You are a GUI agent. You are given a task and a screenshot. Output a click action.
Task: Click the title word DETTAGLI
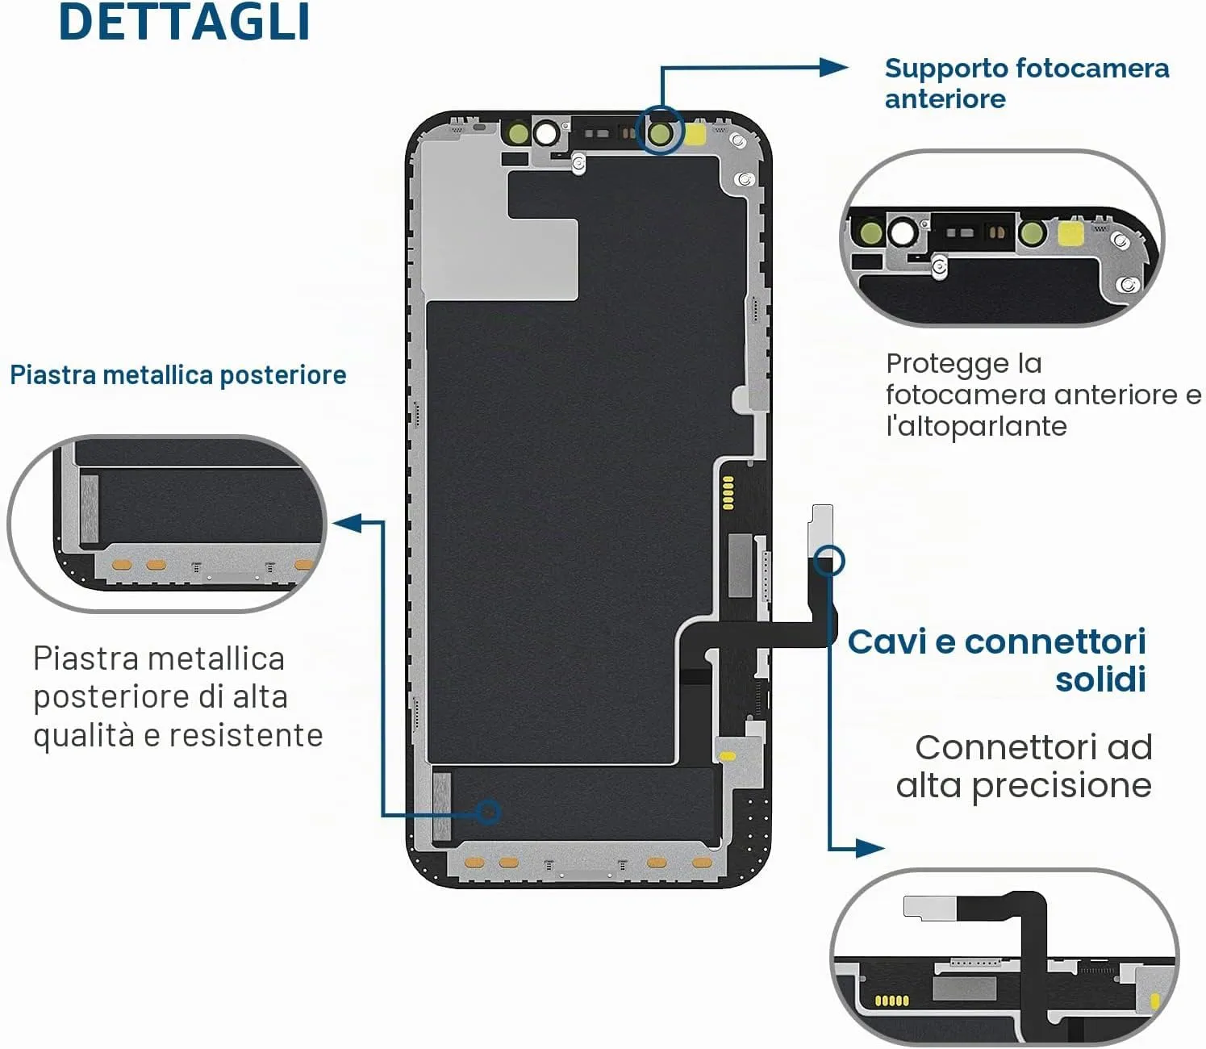(185, 22)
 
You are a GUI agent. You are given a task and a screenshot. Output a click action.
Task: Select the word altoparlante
(976, 426)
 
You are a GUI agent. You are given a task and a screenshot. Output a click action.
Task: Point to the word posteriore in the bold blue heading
(283, 376)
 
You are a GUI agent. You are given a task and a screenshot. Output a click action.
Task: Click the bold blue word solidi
(1100, 679)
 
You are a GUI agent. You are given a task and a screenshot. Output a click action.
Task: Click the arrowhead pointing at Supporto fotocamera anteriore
(835, 68)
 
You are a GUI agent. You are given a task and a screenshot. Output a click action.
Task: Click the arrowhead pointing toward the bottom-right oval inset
(870, 848)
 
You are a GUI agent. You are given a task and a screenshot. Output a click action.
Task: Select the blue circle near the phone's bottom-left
(489, 812)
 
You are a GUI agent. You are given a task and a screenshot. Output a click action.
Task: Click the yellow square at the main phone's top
(696, 135)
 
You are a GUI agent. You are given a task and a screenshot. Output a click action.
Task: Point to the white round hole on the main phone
(547, 133)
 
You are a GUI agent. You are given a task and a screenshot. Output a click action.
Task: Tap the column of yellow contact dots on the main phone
(728, 492)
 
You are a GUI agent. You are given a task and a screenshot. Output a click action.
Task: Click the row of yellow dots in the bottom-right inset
(892, 1001)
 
